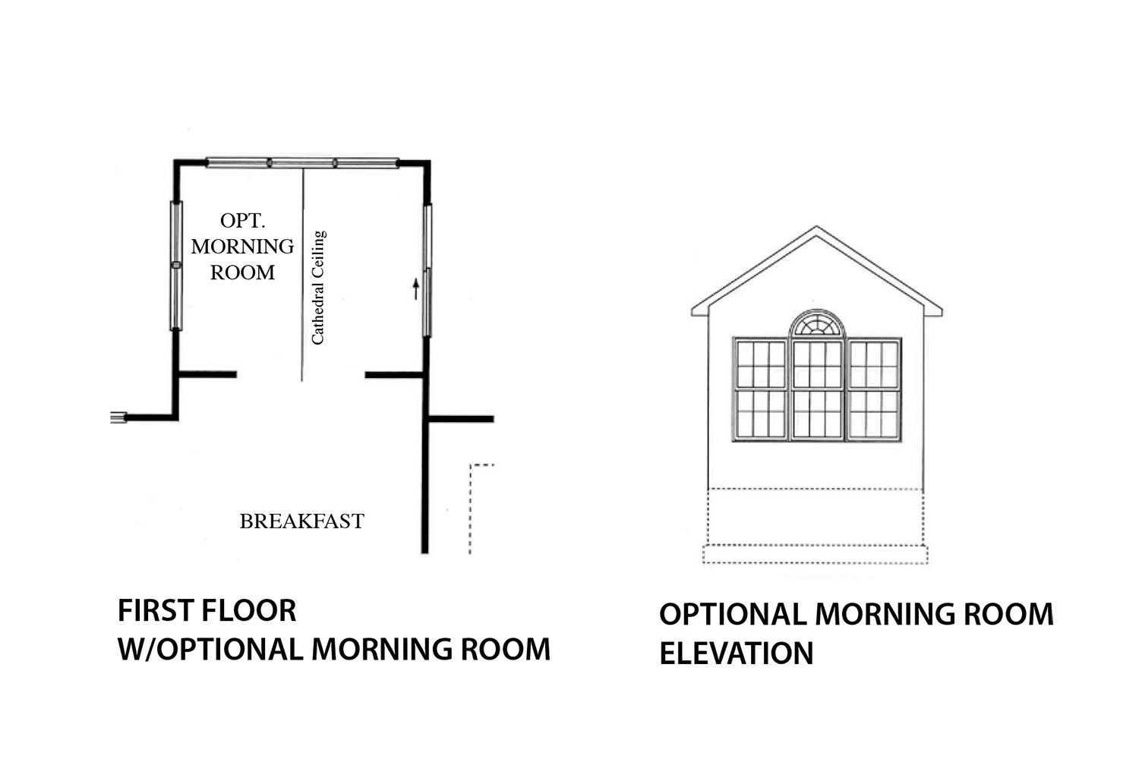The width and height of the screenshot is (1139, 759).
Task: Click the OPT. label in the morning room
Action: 242,221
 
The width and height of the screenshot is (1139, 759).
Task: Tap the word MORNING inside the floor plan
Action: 242,247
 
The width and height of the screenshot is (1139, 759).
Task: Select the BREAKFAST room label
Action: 302,521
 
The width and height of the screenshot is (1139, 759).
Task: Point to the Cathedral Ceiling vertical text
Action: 318,288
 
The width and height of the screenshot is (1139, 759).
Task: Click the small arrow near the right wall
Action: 416,288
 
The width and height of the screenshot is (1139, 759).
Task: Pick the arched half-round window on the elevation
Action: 816,323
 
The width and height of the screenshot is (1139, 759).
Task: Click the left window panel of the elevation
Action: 761,389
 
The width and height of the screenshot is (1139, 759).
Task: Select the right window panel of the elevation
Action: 873,389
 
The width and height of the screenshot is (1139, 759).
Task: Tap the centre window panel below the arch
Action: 817,389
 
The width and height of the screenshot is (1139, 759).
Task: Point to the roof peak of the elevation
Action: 816,227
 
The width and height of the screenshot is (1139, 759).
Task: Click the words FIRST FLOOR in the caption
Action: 207,610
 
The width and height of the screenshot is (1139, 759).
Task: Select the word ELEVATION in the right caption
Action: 737,653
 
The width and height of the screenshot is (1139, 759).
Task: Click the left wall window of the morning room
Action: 176,266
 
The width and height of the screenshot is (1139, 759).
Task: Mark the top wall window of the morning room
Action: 302,163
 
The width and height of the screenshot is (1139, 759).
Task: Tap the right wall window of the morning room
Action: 428,270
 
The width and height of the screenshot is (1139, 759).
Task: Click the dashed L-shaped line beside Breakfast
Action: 470,509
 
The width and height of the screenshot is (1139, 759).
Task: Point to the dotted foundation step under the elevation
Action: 815,554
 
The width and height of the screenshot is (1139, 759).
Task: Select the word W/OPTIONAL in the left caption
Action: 210,649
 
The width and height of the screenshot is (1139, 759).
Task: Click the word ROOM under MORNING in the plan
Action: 242,272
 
